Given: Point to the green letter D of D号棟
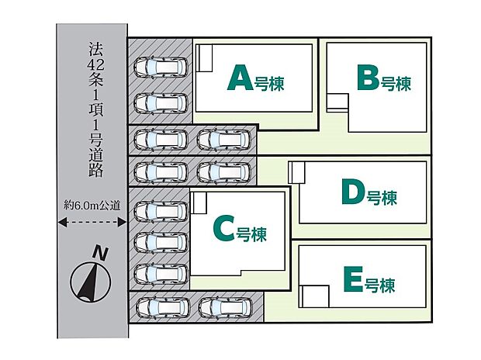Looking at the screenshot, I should point(352,193).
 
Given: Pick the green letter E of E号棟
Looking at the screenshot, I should point(350,279).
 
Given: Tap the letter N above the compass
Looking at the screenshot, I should point(99,251).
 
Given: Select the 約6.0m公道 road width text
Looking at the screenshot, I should point(92,206).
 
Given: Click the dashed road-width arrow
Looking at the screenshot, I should point(92,221).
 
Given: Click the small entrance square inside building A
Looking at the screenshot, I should point(206,59).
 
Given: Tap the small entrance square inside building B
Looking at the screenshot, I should point(337,102).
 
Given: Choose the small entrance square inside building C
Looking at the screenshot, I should point(199,203).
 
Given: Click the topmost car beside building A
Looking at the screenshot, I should point(161,68).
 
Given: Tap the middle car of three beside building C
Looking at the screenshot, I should point(161,242).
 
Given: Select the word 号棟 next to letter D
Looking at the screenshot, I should point(382,198).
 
